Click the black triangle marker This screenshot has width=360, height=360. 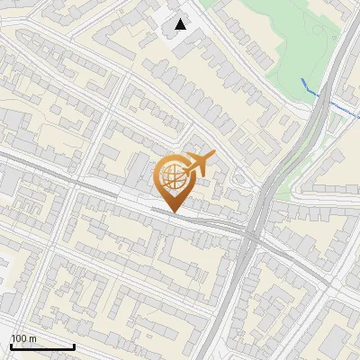[x=181, y=24]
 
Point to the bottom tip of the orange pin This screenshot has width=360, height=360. [x=173, y=212]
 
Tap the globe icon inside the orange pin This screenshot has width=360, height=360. [x=173, y=177]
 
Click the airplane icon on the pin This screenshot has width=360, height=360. [x=200, y=162]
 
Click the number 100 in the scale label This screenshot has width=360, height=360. [x=19, y=338]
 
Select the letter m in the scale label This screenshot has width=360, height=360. [x=32, y=338]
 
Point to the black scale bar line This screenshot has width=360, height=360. [x=41, y=346]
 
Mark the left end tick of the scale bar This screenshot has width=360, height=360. [x=11, y=345]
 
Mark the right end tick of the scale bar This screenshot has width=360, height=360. [x=73, y=345]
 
